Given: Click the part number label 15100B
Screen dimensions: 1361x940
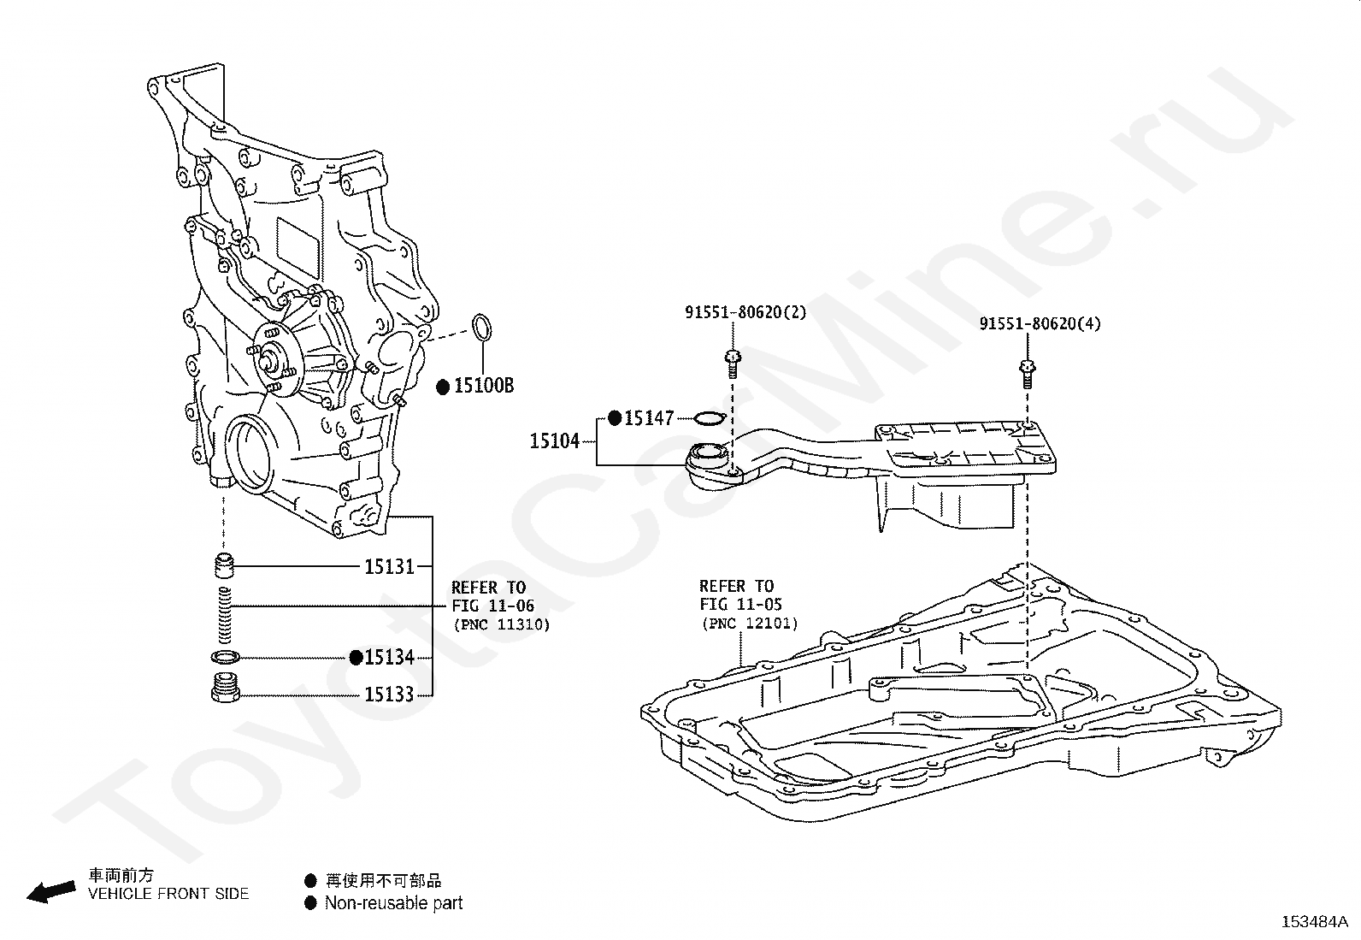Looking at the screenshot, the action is tap(484, 386).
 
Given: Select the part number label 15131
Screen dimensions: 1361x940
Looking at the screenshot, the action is tap(389, 567).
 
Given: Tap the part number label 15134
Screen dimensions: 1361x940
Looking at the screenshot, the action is tap(389, 657).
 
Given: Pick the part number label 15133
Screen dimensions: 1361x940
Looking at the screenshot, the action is tap(389, 695).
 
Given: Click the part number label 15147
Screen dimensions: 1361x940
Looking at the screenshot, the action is tap(649, 418).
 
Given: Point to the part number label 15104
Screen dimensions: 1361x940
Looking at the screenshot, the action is tap(555, 440).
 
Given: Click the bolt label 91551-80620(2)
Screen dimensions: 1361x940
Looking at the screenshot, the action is tap(745, 312).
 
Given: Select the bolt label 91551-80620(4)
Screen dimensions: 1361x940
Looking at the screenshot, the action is tap(1040, 323).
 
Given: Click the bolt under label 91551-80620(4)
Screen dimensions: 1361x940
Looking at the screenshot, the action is tap(1027, 374).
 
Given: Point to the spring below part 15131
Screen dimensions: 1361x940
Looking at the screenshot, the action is tap(224, 615).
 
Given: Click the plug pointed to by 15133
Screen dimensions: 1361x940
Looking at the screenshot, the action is tap(225, 689).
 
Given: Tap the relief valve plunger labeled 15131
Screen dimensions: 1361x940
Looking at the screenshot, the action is tap(225, 566).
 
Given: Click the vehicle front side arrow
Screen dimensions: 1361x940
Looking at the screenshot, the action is tap(51, 892).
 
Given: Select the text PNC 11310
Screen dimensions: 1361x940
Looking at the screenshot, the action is tap(502, 624).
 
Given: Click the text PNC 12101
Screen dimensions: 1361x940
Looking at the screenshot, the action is tap(750, 624).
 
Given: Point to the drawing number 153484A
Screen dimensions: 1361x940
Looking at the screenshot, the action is tap(1315, 922).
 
